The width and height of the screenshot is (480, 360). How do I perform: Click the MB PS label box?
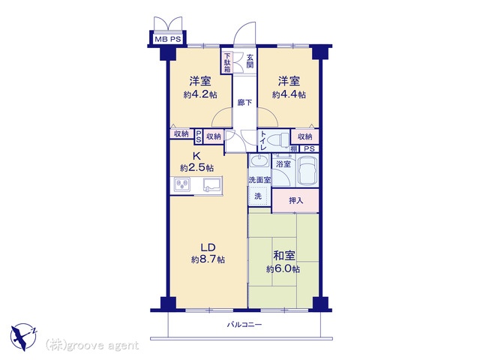point(168,39)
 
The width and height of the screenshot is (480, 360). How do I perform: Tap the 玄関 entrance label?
point(250,61)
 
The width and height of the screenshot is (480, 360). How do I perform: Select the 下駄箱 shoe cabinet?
point(227,62)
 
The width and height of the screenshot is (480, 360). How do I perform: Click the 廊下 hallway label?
point(245,103)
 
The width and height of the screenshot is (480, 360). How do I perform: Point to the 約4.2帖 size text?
point(200,94)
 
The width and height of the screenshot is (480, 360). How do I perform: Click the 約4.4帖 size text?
point(289,94)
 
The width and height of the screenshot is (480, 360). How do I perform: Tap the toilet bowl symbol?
point(277,140)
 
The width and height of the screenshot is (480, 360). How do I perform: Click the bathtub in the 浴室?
point(307,171)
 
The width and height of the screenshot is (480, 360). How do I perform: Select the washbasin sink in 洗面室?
point(259,160)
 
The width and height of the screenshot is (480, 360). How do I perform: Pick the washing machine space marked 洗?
point(258,196)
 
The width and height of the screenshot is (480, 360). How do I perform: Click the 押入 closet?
point(295,201)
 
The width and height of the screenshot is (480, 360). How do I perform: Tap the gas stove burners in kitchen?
point(182,185)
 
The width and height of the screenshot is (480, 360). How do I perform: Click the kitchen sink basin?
point(211,185)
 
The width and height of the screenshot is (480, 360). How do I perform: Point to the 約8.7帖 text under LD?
point(208,260)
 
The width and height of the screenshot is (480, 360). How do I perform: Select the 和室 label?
point(283,255)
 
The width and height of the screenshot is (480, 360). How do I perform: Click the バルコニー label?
point(244,325)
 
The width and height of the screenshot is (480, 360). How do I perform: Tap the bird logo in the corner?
point(23,337)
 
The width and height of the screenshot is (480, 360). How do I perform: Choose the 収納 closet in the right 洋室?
point(305,136)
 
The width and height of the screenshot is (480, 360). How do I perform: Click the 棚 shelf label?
point(294,149)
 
